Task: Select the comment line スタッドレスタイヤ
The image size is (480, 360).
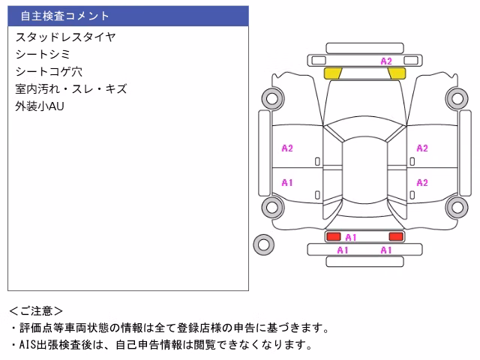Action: point(65,37)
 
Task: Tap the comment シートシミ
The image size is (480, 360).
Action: point(43,55)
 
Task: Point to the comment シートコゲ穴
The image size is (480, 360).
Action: point(49,72)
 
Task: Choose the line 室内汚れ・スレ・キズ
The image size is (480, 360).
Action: point(71,89)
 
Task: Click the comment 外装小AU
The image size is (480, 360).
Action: point(40,106)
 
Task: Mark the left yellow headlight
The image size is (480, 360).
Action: point(333,73)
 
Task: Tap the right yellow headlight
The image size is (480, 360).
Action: point(397,73)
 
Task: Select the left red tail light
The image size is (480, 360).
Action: point(333,236)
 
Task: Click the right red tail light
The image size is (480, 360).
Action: point(396,236)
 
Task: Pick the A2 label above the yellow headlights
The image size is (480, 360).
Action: point(386,61)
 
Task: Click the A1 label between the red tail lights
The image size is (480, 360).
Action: point(351,238)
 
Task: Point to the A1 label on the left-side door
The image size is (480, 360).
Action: point(287,183)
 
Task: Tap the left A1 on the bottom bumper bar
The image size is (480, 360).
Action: point(343,250)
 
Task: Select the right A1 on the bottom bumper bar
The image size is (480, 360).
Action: point(386,250)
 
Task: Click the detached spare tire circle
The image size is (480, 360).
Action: point(263,244)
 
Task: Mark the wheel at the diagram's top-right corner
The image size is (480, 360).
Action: point(457,98)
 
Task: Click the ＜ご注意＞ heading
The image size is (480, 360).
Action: point(36,311)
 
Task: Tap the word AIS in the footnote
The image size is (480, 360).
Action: point(28,345)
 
